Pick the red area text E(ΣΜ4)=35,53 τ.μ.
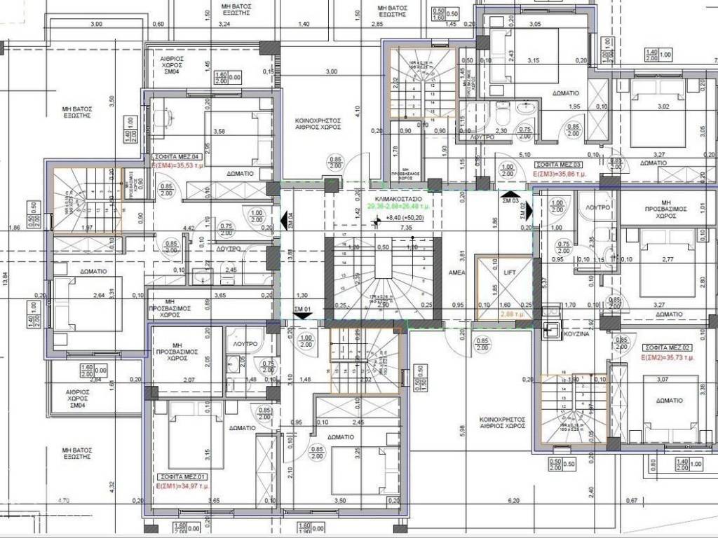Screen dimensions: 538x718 (180, 167)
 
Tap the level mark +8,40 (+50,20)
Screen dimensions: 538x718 (400, 219)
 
